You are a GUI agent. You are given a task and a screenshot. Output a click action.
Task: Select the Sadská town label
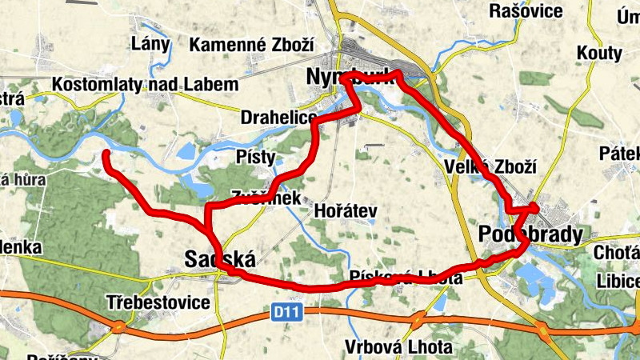click(219, 259)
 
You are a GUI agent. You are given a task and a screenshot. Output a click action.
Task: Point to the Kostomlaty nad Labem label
click(145, 85)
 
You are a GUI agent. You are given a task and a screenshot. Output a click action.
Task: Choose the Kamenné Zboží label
click(251, 45)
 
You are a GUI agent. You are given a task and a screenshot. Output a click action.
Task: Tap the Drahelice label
click(278, 118)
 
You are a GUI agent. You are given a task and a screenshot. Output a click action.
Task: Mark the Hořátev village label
click(346, 210)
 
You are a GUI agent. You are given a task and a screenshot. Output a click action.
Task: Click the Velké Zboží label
click(489, 167)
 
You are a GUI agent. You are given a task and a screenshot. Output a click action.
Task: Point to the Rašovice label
click(527, 11)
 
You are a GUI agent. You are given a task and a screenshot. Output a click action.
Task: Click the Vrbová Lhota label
click(387, 347)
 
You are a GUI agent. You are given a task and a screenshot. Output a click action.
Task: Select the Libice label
click(618, 282)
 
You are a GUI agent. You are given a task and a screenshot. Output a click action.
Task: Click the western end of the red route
click(106, 154)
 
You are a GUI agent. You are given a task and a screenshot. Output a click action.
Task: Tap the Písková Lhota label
click(406, 278)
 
